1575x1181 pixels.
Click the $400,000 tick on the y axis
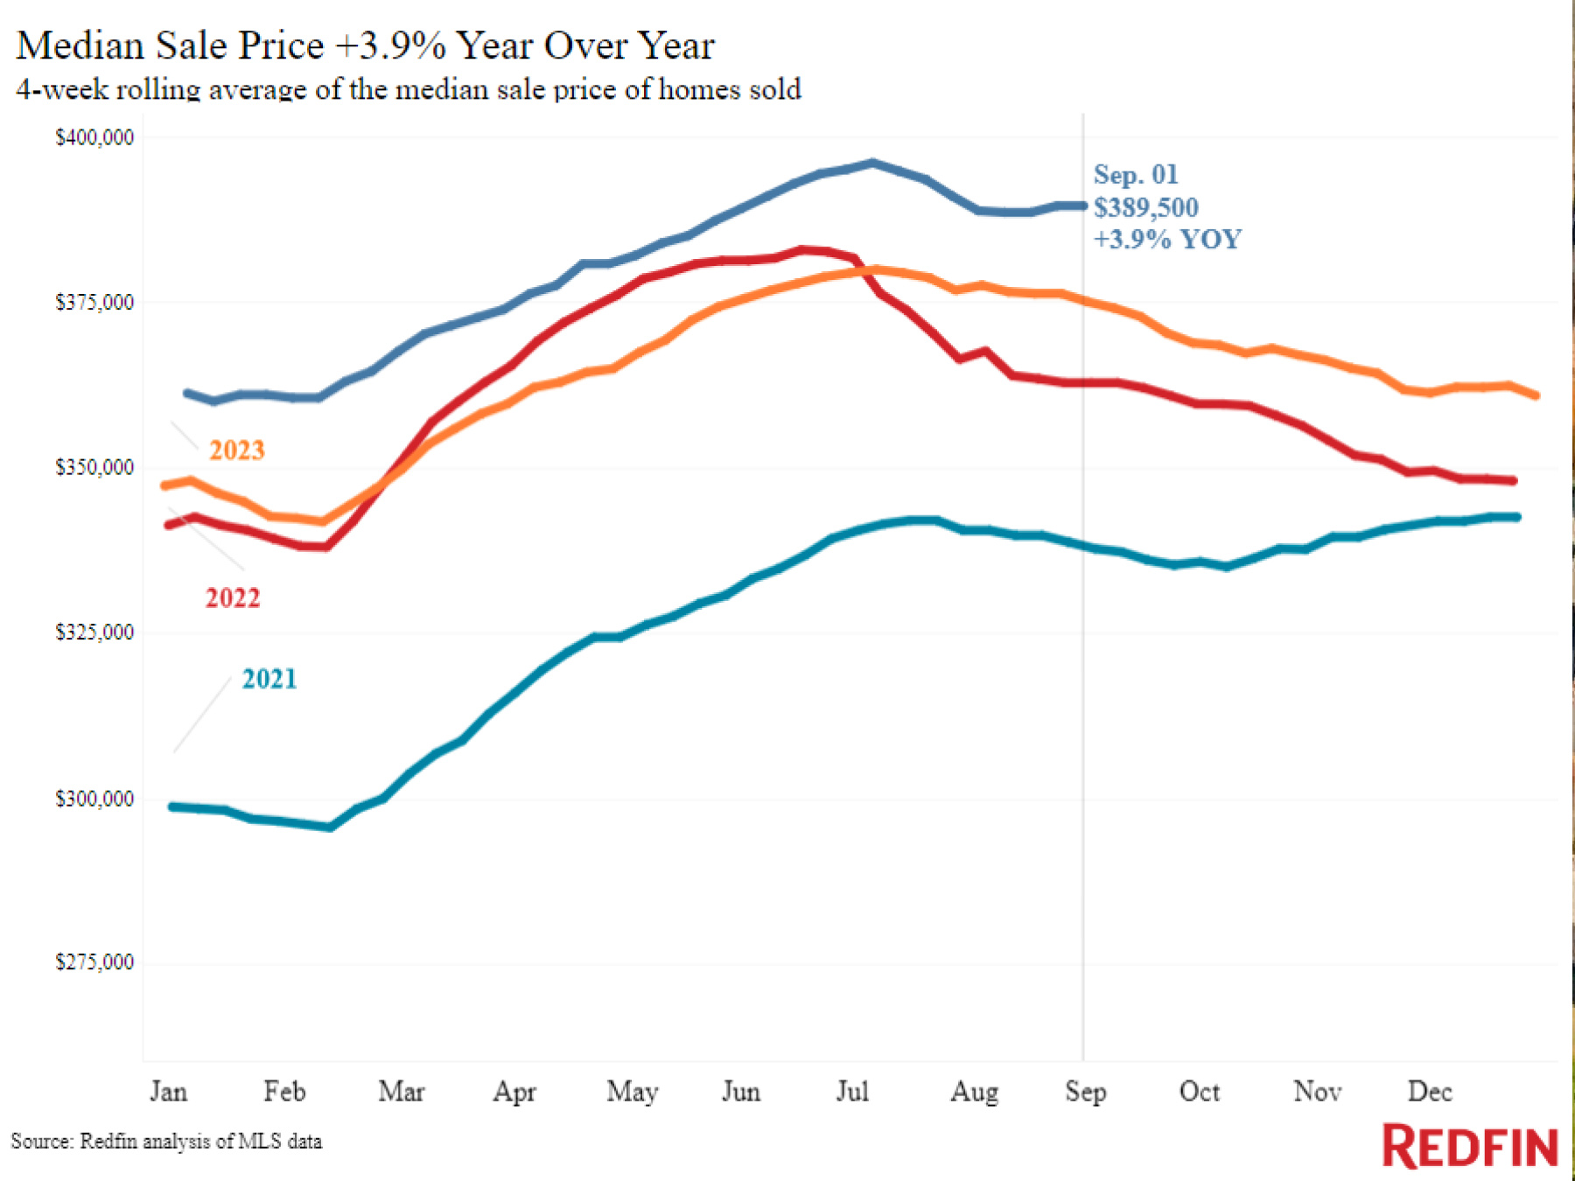(x=94, y=137)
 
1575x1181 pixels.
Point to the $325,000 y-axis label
(x=94, y=632)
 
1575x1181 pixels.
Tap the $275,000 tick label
(x=94, y=962)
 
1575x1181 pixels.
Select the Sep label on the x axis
(x=1085, y=1092)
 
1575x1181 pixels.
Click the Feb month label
(x=284, y=1092)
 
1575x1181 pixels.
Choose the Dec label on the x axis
(x=1429, y=1092)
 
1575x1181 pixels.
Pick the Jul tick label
(x=852, y=1092)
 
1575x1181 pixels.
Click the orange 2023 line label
(x=236, y=450)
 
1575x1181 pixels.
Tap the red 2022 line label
(x=233, y=597)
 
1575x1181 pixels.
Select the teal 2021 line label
(x=269, y=679)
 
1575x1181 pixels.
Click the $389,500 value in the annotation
(x=1145, y=207)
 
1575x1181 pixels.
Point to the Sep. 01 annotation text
(x=1136, y=174)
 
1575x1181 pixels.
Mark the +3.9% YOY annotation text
(x=1167, y=239)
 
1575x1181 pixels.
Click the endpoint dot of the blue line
(x=1082, y=206)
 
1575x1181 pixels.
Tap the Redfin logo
(x=1469, y=1147)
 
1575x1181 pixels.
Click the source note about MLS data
(x=166, y=1142)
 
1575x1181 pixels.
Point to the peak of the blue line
(x=872, y=163)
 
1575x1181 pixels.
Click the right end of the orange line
(x=1536, y=395)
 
